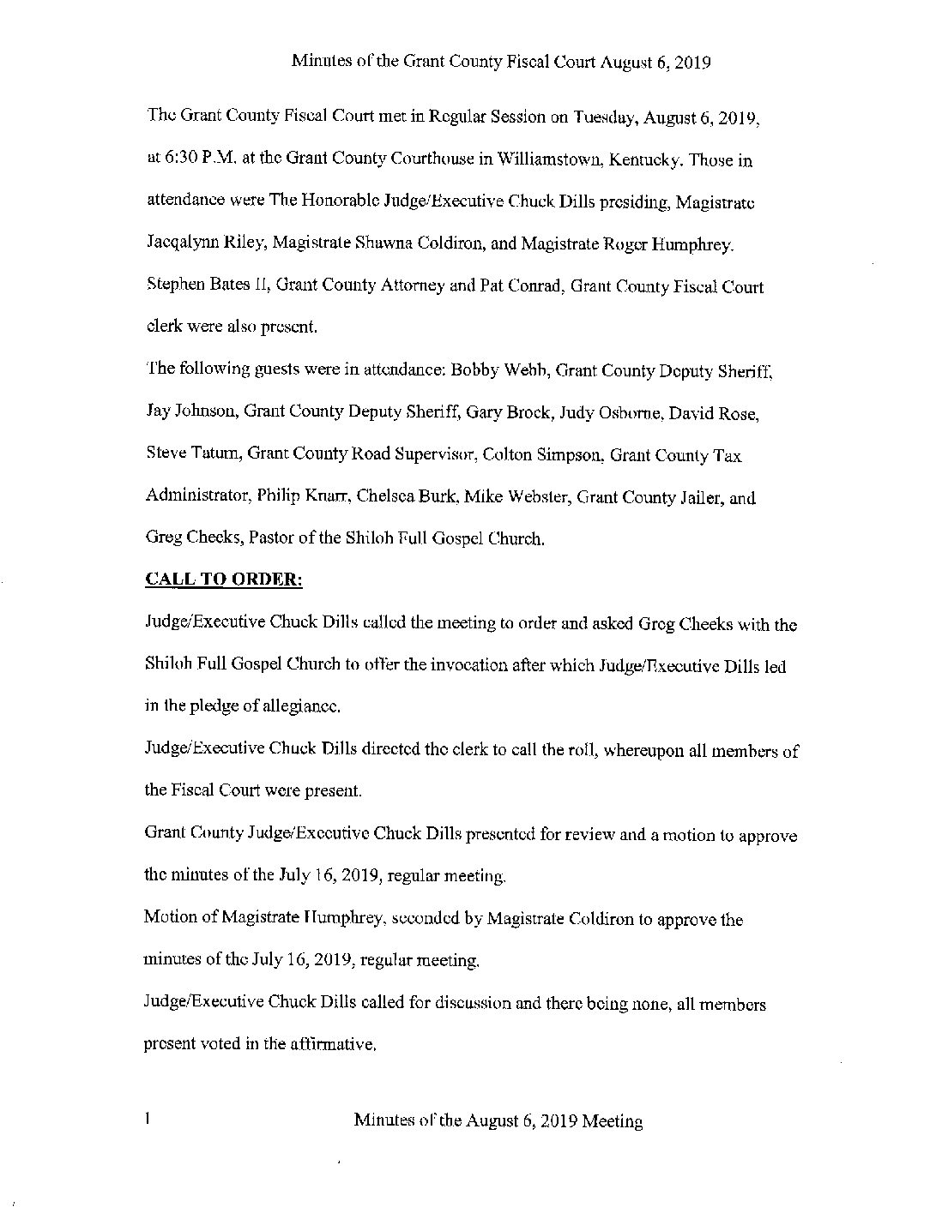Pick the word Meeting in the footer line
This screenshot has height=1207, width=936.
[x=612, y=1120]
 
